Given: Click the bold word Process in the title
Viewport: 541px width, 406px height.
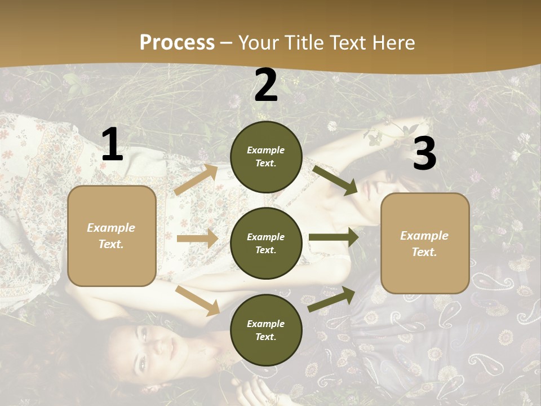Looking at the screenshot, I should (x=177, y=43).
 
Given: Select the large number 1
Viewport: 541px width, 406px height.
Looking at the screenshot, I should (x=112, y=145).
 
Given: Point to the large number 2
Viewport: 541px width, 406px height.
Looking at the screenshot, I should (x=266, y=86).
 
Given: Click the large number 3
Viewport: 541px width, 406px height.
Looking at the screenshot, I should (x=424, y=153).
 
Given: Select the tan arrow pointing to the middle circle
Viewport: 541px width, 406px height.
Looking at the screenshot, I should (x=197, y=239).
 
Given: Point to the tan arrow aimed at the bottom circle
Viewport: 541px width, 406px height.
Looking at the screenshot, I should (x=197, y=300).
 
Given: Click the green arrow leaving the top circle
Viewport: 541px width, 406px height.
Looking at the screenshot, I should (x=335, y=180).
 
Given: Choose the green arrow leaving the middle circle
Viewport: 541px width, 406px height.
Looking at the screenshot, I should (x=334, y=237).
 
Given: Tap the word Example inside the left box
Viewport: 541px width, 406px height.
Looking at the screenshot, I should (x=111, y=228).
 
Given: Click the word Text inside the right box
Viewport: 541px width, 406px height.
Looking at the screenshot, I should (x=424, y=252).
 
